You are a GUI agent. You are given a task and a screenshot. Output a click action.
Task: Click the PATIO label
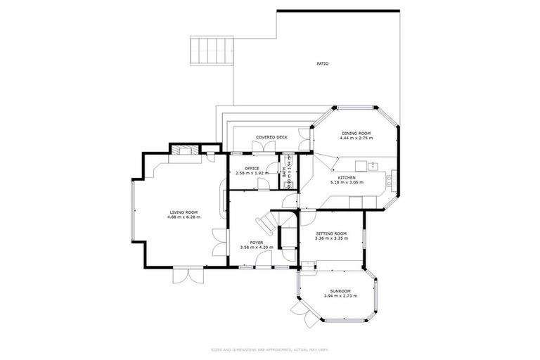tap(323, 64)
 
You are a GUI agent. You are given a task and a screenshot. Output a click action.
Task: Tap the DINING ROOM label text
tap(356, 133)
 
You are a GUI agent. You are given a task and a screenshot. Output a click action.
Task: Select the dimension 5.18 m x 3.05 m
tap(347, 183)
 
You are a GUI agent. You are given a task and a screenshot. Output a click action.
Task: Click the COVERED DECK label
tap(271, 137)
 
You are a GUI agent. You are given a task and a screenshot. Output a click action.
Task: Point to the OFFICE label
tap(252, 168)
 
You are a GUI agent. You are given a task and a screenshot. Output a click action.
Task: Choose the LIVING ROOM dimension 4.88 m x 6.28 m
tap(184, 217)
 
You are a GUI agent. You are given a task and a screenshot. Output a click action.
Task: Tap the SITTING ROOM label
tap(330, 233)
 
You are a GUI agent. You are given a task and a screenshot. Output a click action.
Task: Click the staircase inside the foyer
tap(269, 224)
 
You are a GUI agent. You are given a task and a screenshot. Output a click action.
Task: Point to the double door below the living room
tap(186, 274)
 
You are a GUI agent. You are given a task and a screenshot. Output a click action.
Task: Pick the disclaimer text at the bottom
tap(270, 349)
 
